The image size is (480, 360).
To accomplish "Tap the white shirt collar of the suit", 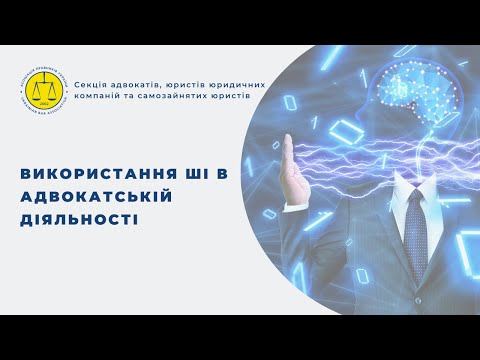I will [x=403, y=196].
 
